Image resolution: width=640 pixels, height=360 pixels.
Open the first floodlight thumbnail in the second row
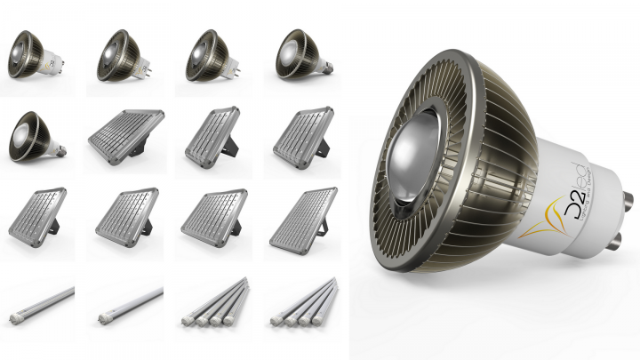[x=124, y=135]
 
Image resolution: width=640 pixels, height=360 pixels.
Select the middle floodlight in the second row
[x=213, y=135]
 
